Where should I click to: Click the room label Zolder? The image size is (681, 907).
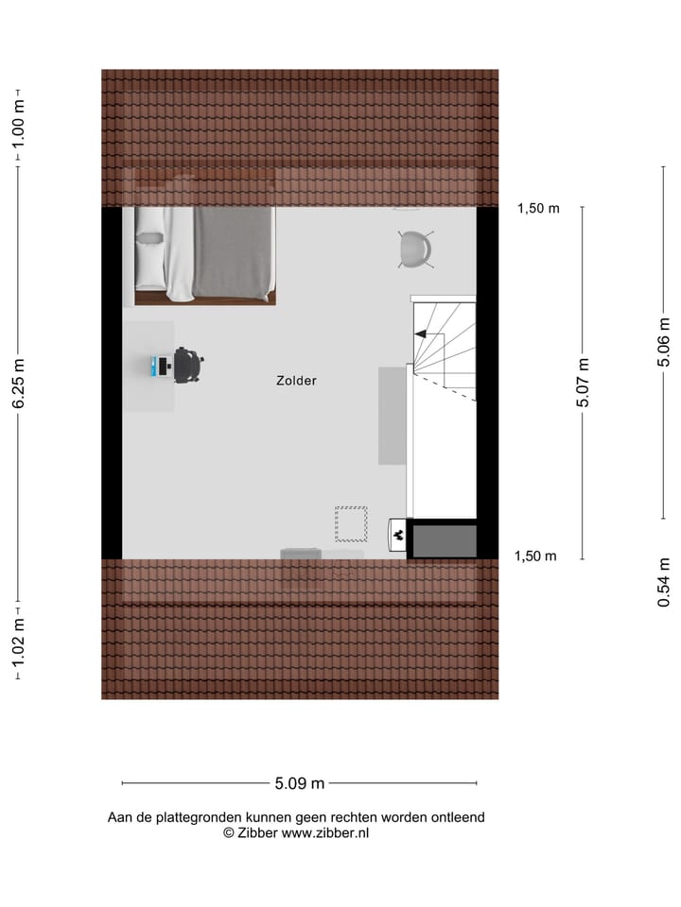point(296,381)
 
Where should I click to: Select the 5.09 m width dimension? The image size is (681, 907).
point(299,783)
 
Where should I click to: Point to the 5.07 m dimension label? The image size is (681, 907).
point(583,382)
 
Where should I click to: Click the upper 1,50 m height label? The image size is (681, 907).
point(537,210)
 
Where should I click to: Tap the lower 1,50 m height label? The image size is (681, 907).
point(535,556)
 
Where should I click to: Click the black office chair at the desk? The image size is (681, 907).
point(187,365)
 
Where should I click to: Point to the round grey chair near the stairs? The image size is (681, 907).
point(415,249)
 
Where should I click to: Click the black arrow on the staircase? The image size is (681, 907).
point(420,333)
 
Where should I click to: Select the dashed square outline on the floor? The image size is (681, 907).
point(351,523)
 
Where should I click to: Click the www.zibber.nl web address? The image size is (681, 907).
point(325,833)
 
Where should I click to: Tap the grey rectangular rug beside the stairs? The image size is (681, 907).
point(392,416)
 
